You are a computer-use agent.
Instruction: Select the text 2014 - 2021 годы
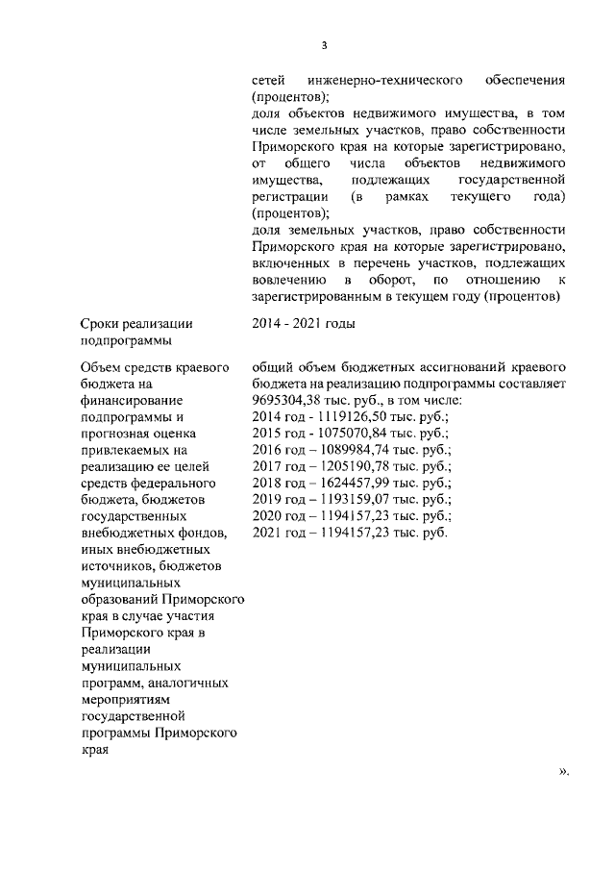click(x=303, y=323)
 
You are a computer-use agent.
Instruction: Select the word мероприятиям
click(x=126, y=699)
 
